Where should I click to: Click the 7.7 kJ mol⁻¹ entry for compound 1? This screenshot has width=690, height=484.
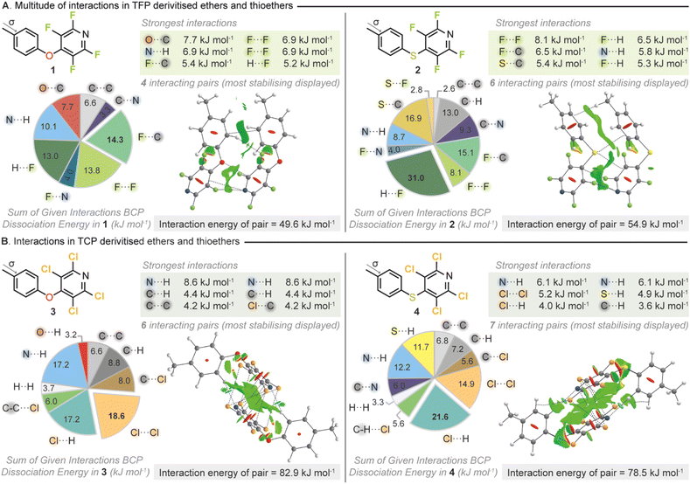[192, 38]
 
